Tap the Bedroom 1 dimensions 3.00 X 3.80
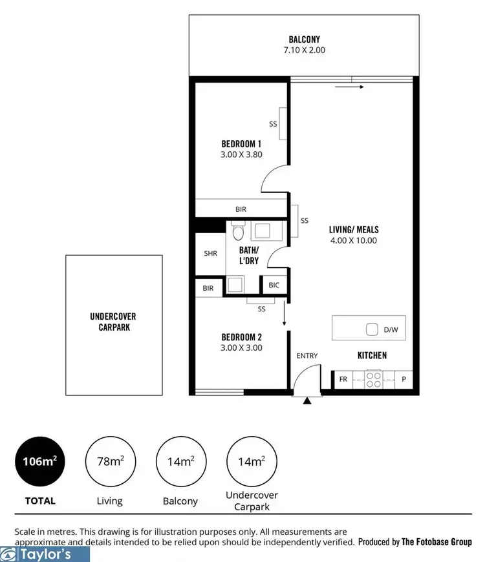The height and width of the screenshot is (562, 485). coord(241,154)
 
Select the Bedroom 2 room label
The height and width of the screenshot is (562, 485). coord(241,337)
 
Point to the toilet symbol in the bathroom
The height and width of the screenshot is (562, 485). coord(237,233)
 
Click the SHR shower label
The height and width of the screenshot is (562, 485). coord(210,254)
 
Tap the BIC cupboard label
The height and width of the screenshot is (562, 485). coord(274,285)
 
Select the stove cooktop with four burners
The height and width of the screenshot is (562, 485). coord(374,379)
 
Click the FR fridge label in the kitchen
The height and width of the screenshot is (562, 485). coord(343,380)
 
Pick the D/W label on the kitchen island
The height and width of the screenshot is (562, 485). coord(390,329)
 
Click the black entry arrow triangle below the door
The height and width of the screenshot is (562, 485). coord(307,401)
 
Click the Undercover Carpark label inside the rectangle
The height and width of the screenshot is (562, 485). coord(113,322)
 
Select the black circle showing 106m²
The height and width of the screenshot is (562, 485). coord(40,462)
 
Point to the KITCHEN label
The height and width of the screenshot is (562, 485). coord(372,355)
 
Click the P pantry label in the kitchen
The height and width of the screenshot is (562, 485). coord(404,380)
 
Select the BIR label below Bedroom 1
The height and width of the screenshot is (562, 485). coord(241,209)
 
